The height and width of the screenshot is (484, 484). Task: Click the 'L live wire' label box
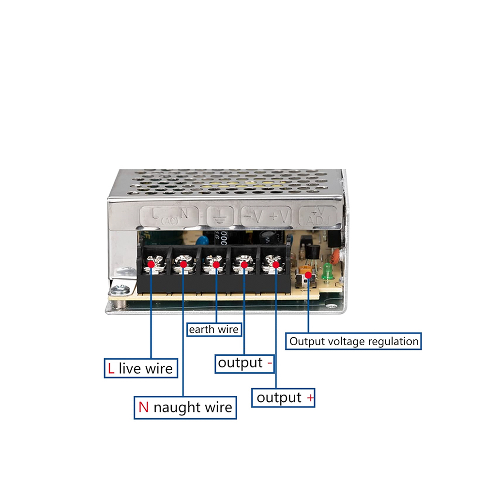coord(141,368)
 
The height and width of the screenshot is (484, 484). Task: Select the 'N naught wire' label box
coord(185,408)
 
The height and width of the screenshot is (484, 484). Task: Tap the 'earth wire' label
coord(214,329)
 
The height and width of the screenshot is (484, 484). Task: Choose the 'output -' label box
coord(244,363)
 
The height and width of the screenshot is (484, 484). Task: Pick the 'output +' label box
coord(283,397)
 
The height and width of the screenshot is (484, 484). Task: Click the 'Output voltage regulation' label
coord(353,341)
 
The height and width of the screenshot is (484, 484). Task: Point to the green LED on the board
coord(327,272)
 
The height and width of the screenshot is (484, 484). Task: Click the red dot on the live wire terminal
coord(151,264)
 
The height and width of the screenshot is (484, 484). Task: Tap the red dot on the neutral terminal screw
coord(183,264)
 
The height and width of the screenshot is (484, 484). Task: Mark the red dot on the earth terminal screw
coord(216,265)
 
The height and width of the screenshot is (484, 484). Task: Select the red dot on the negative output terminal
coord(244,265)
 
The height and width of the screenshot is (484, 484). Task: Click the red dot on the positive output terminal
coord(276,265)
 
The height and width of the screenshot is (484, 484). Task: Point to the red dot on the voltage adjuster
coord(308,275)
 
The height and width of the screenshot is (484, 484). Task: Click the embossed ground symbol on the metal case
coord(220,215)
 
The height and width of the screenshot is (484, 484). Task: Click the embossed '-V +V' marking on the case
coord(267,215)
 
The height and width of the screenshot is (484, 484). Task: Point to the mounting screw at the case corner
coord(120,291)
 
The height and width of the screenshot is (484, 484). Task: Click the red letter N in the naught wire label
coord(144,407)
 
